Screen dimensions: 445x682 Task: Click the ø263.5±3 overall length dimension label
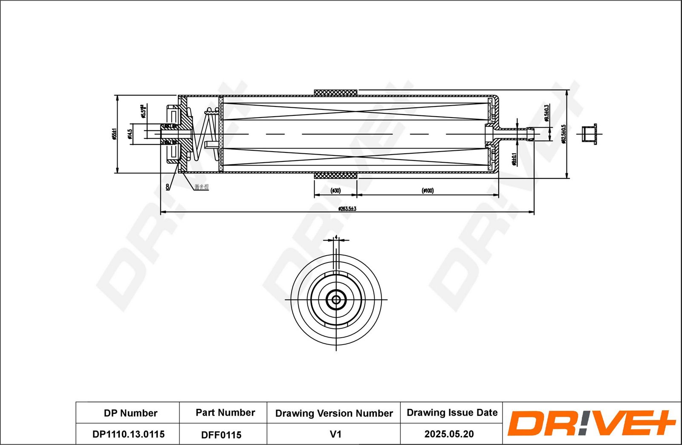[x=347, y=209]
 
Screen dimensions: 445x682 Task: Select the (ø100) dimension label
[x=428, y=191]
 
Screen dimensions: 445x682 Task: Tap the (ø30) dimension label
[x=335, y=191]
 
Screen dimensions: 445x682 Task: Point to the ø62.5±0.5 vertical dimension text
[x=563, y=134]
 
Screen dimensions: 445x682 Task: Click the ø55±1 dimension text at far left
[x=114, y=134]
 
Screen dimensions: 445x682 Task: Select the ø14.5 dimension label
[x=129, y=134]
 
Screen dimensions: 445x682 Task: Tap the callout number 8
[x=168, y=187]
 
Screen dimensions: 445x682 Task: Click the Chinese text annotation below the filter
[x=202, y=187]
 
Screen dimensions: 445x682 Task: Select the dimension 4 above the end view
[x=336, y=237]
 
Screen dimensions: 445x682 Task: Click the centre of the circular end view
[x=336, y=300]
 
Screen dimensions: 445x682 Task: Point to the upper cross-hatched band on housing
[x=335, y=93]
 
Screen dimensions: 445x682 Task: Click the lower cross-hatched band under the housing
[x=335, y=176]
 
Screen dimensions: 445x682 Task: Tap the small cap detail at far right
[x=590, y=134]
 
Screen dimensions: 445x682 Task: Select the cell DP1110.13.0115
[x=128, y=434]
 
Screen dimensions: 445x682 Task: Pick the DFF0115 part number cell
[x=221, y=435]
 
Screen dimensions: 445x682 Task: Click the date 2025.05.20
[x=449, y=434]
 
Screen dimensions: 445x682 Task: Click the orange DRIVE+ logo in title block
[x=591, y=423]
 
